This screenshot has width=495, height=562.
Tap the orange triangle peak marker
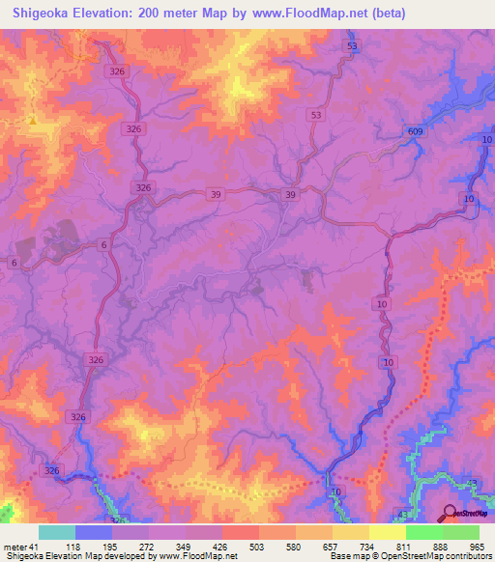(x=33, y=122)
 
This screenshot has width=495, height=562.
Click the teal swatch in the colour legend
(x=57, y=532)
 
